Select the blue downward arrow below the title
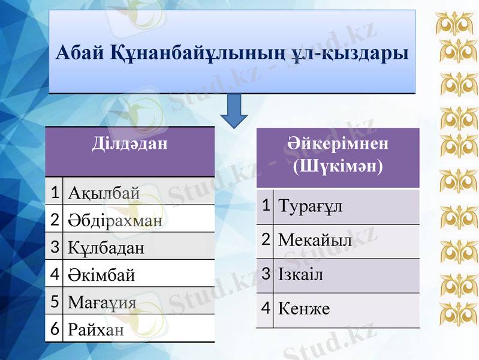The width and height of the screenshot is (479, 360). coord(236,111)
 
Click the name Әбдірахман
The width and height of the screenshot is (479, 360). coord(115,220)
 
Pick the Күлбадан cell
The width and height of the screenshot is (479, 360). coord(106,247)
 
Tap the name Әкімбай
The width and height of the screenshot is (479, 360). coord(101,275)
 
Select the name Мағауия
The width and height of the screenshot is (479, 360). coord(103,302)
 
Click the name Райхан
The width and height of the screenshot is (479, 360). coord(97,329)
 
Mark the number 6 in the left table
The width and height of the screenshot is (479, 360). coord(54,328)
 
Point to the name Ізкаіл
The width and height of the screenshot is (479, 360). coord(300,275)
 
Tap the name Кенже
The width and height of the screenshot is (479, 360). coord(304,310)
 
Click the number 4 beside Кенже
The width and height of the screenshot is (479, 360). coord(264,308)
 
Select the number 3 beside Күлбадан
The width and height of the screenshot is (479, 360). coord(54,247)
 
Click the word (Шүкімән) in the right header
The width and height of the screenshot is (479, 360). coord(338,165)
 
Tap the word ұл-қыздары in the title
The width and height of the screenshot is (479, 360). coord(348,53)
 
